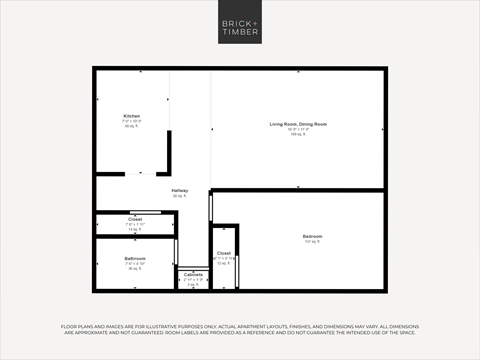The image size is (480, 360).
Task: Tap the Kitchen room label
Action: tap(132, 116)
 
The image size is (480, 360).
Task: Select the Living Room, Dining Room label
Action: tap(298, 124)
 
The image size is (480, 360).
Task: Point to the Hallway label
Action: tap(180, 190)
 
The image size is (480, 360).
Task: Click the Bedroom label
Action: tap(313, 236)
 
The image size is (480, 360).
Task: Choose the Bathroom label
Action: tap(135, 258)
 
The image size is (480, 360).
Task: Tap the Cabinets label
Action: tap(193, 274)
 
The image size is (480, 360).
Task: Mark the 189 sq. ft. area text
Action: tap(298, 133)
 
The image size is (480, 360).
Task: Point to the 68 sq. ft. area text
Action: tap(132, 126)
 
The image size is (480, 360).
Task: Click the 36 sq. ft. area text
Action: tap(135, 268)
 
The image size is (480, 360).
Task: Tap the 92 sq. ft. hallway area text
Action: tap(180, 196)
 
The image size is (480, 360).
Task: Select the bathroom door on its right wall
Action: tap(176, 252)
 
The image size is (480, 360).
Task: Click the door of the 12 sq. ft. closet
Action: tap(237, 269)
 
